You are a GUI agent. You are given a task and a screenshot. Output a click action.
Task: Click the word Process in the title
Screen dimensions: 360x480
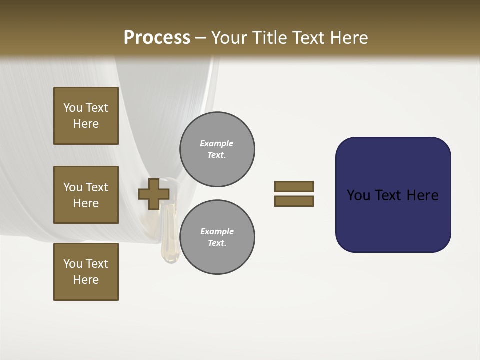pyautogui.click(x=157, y=38)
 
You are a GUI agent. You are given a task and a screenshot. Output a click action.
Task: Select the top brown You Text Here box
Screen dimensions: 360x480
pyautogui.click(x=86, y=116)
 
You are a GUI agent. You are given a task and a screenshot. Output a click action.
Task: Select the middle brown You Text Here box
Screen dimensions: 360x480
pyautogui.click(x=86, y=195)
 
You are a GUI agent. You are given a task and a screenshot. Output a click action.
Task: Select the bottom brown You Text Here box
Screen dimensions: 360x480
pyautogui.click(x=86, y=272)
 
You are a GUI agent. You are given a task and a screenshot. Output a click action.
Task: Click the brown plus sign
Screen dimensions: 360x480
pyautogui.click(x=153, y=194)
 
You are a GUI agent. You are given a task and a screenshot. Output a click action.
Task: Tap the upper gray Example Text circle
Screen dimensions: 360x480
pyautogui.click(x=217, y=149)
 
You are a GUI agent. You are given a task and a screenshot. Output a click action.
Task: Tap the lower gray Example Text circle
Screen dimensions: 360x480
pyautogui.click(x=217, y=237)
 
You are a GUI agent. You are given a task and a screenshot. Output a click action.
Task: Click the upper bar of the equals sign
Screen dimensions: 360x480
pyautogui.click(x=294, y=186)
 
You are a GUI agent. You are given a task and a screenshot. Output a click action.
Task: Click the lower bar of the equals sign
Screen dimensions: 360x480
pyautogui.click(x=294, y=201)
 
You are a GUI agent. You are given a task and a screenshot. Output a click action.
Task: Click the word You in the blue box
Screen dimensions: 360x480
pyautogui.click(x=358, y=195)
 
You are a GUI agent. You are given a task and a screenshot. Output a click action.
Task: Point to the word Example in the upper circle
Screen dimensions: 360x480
pyautogui.click(x=216, y=143)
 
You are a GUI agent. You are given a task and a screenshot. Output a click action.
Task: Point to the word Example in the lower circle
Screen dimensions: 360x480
pyautogui.click(x=217, y=231)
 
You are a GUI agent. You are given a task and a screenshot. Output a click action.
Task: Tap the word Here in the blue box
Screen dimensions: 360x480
pyautogui.click(x=422, y=195)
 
